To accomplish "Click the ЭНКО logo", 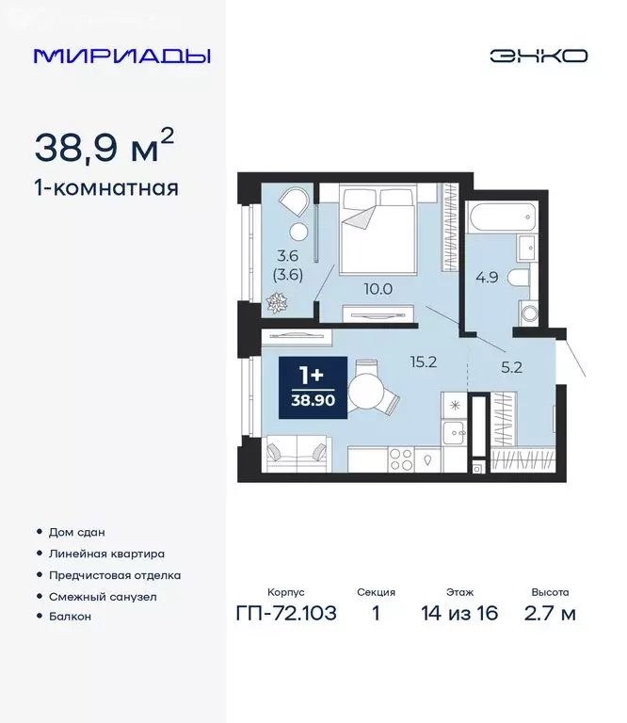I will click(x=538, y=56).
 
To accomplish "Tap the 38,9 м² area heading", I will click(x=104, y=146).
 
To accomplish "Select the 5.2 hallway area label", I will click(x=512, y=368).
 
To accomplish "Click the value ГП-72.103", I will click(x=284, y=614).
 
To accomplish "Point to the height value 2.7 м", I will click(x=551, y=614).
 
